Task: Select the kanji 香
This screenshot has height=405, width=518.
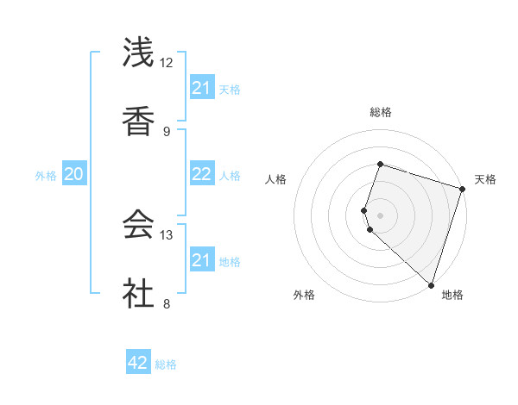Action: pyautogui.click(x=139, y=120)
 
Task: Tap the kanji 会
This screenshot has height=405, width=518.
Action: pyautogui.click(x=139, y=223)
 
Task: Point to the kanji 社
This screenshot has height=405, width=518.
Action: pyautogui.click(x=139, y=291)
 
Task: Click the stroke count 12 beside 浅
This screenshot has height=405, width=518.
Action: pyautogui.click(x=167, y=63)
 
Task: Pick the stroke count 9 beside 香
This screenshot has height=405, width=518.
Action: pyautogui.click(x=167, y=131)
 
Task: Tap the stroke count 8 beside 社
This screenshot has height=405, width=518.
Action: pyautogui.click(x=167, y=302)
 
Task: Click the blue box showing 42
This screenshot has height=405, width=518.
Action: pyautogui.click(x=138, y=363)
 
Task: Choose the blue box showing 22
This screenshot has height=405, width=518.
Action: pyautogui.click(x=202, y=174)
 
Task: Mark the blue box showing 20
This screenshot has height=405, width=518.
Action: pyautogui.click(x=74, y=174)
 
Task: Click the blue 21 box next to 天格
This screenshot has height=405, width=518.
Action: pyautogui.click(x=202, y=88)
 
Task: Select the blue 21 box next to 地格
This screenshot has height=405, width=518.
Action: pyautogui.click(x=202, y=260)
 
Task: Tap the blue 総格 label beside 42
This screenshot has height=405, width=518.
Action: pyautogui.click(x=166, y=364)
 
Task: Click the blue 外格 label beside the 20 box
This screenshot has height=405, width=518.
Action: pyautogui.click(x=46, y=175)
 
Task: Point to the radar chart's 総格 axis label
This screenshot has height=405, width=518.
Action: pyautogui.click(x=380, y=112)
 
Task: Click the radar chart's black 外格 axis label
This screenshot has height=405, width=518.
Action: pyautogui.click(x=304, y=295)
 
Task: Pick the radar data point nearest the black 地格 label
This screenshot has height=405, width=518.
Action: pyautogui.click(x=431, y=284)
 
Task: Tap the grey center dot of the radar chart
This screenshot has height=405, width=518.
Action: pyautogui.click(x=380, y=215)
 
